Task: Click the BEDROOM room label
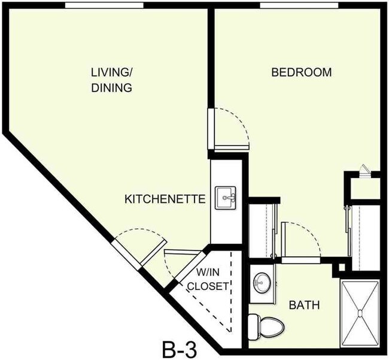point(301,73)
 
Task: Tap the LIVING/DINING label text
point(111,80)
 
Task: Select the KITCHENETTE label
point(165,199)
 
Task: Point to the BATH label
point(304,305)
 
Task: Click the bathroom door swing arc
point(302,237)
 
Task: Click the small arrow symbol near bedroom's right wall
point(364,170)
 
